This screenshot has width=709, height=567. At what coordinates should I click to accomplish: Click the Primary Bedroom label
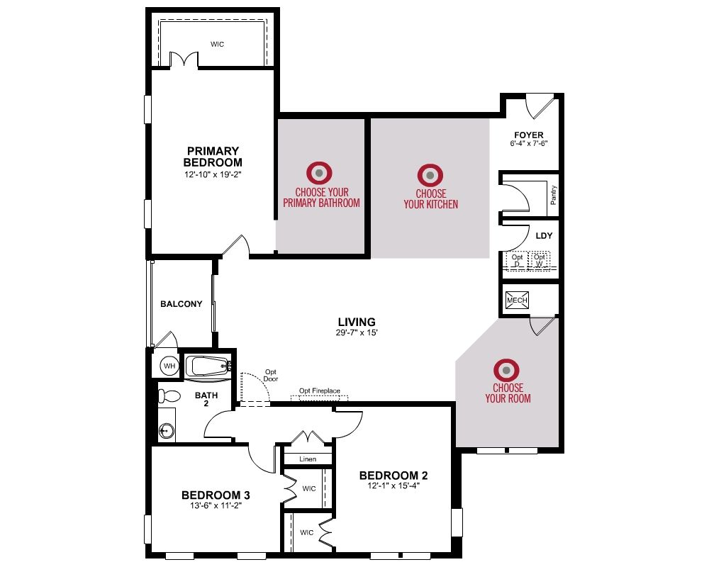213,157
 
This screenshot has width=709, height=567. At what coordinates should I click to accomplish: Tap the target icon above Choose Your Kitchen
430,175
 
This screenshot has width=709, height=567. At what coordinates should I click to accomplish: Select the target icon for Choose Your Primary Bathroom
319,173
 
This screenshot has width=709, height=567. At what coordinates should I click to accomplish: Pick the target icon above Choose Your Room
506,370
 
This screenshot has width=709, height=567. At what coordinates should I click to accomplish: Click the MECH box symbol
517,301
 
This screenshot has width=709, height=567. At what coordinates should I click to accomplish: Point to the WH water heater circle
169,366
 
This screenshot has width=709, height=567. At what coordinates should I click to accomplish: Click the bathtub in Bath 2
209,366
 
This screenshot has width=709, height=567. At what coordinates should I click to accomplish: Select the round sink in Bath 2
167,431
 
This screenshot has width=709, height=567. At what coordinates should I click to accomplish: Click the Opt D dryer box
517,260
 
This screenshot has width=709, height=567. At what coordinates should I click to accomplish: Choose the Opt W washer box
540,260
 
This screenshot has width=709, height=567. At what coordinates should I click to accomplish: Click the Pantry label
554,196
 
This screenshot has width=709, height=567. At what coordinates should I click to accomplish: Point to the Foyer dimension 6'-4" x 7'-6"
529,143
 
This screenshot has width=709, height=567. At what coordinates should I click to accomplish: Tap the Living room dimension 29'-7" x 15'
357,332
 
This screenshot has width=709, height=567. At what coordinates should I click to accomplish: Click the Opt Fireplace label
319,391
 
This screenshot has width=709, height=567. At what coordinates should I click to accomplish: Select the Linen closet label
308,459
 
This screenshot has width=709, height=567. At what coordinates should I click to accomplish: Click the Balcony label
182,304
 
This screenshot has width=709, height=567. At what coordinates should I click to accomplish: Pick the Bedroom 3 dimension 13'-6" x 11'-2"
216,505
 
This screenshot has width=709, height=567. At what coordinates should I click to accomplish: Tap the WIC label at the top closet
217,45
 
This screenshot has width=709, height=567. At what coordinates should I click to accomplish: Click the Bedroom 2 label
393,475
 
